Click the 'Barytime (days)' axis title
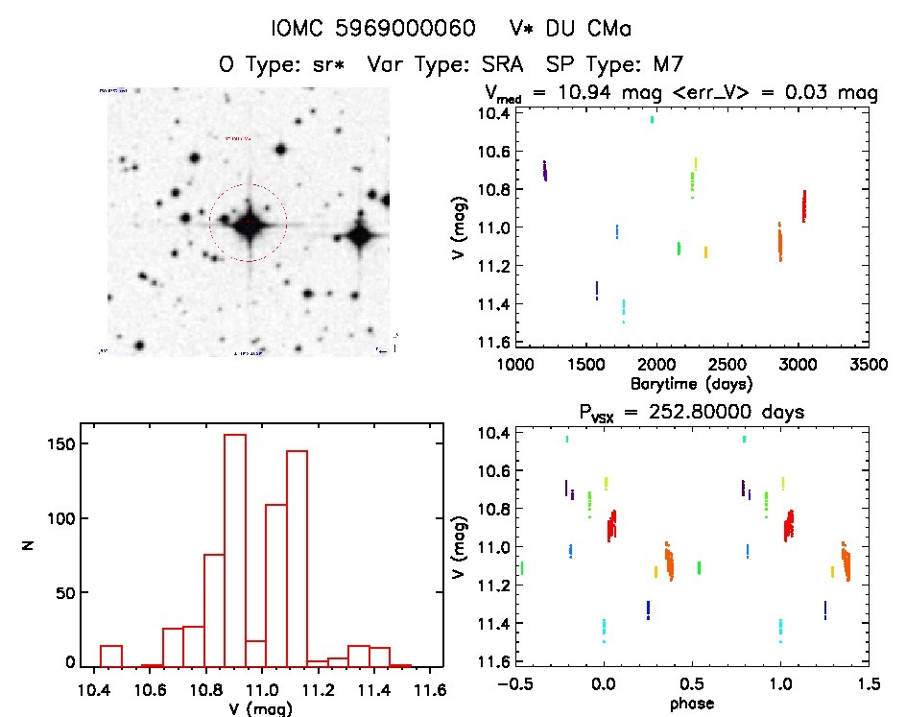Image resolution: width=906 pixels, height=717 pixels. pos(691,383)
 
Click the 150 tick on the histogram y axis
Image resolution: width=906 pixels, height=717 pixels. pos(62,444)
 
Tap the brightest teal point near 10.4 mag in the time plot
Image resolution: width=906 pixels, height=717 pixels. pos(653,119)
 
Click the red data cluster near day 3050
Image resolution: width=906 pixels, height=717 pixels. pos(803,205)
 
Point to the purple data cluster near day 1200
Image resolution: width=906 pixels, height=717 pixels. pos(544,171)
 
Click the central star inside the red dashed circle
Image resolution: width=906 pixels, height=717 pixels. pos(249,224)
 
